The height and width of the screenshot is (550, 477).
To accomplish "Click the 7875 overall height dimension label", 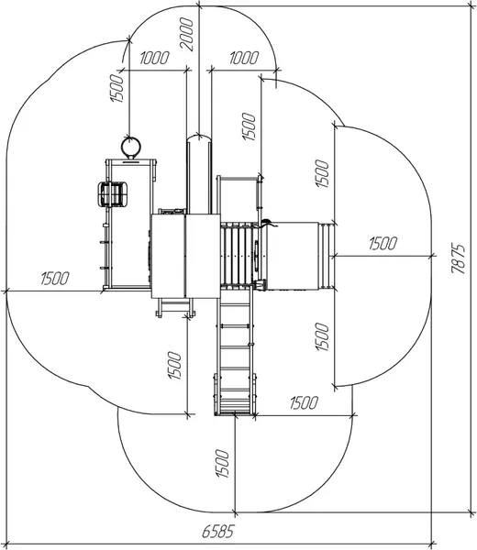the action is pyautogui.click(x=459, y=258).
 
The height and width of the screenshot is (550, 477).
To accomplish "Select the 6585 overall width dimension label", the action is pyautogui.click(x=217, y=532).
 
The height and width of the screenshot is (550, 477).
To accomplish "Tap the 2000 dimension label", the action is pyautogui.click(x=186, y=35).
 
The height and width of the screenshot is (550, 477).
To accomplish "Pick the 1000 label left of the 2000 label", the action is pyautogui.click(x=154, y=58).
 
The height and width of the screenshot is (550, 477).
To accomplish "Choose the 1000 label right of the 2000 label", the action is pyautogui.click(x=244, y=58).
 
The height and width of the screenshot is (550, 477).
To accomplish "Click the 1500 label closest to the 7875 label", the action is pyautogui.click(x=383, y=244).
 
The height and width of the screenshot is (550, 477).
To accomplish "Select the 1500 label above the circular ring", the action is pyautogui.click(x=117, y=88).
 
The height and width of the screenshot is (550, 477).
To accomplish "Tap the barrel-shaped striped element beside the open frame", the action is pyautogui.click(x=112, y=194).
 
